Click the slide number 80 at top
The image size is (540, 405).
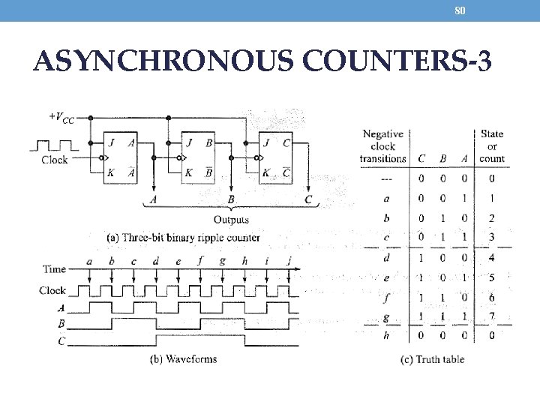[460, 10]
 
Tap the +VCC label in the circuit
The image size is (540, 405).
[61, 118]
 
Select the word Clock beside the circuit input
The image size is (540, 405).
[55, 159]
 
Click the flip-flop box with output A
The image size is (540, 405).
[120, 157]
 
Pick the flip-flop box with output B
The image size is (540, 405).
[197, 157]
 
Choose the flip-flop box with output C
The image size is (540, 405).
[276, 157]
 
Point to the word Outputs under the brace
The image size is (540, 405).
[231, 220]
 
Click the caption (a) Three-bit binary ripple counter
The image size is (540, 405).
[183, 237]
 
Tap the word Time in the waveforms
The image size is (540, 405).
[54, 268]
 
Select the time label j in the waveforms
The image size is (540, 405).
[289, 262]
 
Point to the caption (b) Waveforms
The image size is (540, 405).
[183, 358]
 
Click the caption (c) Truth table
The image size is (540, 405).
[432, 358]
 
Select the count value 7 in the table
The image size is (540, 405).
[491, 316]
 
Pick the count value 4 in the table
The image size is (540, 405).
[491, 257]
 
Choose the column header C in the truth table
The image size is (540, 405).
[421, 158]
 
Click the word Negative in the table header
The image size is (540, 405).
[382, 133]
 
